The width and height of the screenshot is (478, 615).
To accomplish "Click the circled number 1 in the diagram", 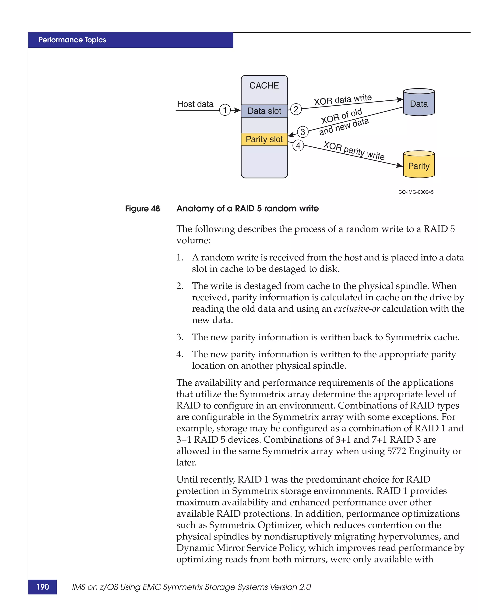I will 225,110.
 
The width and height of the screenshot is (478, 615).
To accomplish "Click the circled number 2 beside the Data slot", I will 296,109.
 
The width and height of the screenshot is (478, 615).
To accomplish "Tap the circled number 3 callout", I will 303,132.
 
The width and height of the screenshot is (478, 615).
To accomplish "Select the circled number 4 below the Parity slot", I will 298,146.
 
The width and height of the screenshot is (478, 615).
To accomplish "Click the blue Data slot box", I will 264,111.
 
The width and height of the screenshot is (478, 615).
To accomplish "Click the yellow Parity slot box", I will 264,139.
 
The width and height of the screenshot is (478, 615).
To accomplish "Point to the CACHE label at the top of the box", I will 264,85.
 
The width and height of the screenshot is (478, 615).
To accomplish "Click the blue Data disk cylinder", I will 419,103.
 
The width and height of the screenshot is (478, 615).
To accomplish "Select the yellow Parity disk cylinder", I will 419,165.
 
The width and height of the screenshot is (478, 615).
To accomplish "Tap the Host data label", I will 195,104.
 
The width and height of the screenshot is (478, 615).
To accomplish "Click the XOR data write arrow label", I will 343,100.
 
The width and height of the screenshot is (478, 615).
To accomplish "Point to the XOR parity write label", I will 354,151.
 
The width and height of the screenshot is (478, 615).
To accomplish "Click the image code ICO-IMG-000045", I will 415,192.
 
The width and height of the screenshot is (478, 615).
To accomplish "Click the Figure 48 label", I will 142,209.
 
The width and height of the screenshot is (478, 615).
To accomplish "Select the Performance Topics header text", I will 72,40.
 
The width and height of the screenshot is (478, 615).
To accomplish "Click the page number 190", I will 42,587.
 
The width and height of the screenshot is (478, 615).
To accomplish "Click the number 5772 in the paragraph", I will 396,451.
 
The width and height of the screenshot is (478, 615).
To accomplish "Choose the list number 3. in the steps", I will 180,337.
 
